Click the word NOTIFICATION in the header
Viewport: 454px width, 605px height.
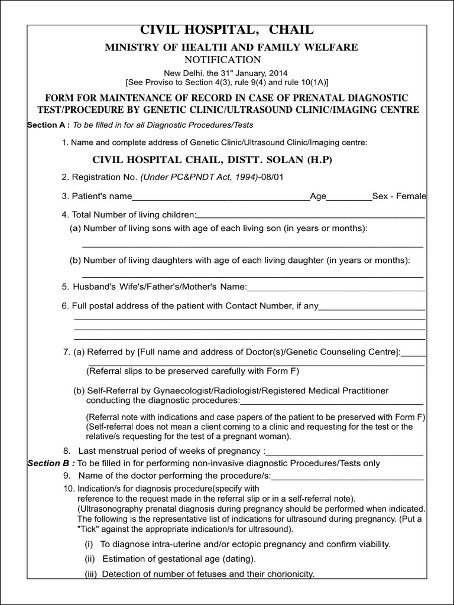tap(222, 60)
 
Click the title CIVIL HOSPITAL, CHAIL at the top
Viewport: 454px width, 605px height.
tap(226, 30)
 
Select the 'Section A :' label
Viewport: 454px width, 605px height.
tap(49, 125)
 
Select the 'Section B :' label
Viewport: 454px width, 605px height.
tap(51, 463)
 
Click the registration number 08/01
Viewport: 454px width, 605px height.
tap(272, 177)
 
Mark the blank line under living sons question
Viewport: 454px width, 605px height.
tap(252, 245)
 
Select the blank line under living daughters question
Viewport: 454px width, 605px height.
tap(252, 275)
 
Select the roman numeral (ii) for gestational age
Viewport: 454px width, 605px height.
tap(90, 559)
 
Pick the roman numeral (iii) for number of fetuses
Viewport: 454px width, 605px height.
tap(91, 574)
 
